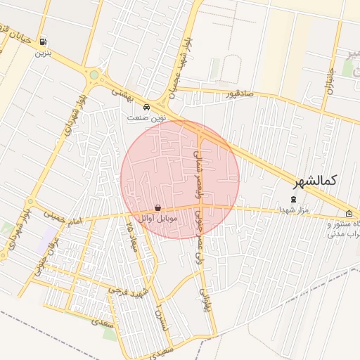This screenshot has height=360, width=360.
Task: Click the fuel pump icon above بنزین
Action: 44,42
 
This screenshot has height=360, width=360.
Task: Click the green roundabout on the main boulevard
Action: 94,75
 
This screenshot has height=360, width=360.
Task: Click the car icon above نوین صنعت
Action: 146,108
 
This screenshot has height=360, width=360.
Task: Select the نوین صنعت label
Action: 146,118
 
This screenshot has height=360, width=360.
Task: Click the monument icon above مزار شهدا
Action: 294,199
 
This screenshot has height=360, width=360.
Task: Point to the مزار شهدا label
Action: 291,210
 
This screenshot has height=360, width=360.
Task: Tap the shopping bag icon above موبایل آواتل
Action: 158,208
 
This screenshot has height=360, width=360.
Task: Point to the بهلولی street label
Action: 205,299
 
